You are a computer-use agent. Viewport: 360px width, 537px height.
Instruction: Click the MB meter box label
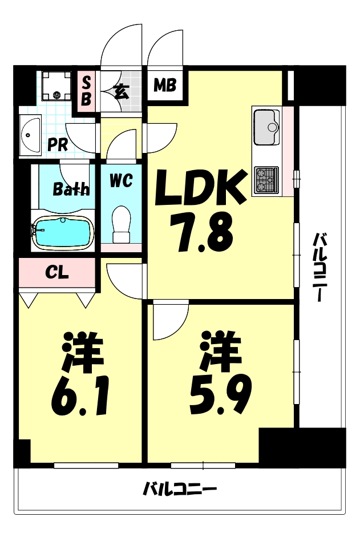point(165,86)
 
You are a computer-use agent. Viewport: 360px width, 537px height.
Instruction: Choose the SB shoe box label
point(86,90)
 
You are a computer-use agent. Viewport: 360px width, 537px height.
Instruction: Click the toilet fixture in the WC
point(121,223)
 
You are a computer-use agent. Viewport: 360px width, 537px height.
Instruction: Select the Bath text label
point(71,189)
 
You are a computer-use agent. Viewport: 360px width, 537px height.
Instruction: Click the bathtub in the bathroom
point(62,232)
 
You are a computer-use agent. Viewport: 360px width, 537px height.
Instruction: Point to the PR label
point(58,144)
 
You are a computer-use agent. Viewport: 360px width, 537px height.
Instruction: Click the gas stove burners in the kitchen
point(266,179)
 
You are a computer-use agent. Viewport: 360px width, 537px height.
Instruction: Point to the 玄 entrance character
point(121,91)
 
